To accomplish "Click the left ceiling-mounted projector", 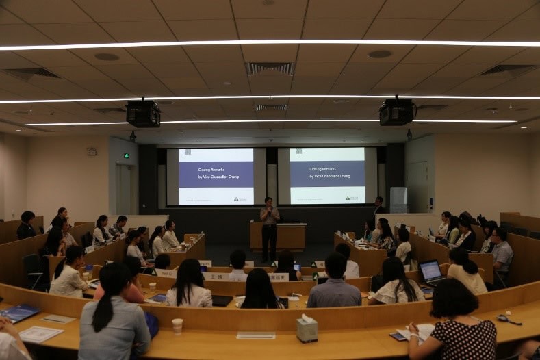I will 143,114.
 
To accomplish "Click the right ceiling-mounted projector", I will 396,112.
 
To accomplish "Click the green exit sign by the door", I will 126,155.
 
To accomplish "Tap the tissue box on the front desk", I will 307,329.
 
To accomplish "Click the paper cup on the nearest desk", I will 177,326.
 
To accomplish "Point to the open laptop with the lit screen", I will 431,272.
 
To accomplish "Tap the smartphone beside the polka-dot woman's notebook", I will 398,336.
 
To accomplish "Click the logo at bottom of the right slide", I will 351,198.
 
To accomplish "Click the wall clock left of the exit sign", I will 92,152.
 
